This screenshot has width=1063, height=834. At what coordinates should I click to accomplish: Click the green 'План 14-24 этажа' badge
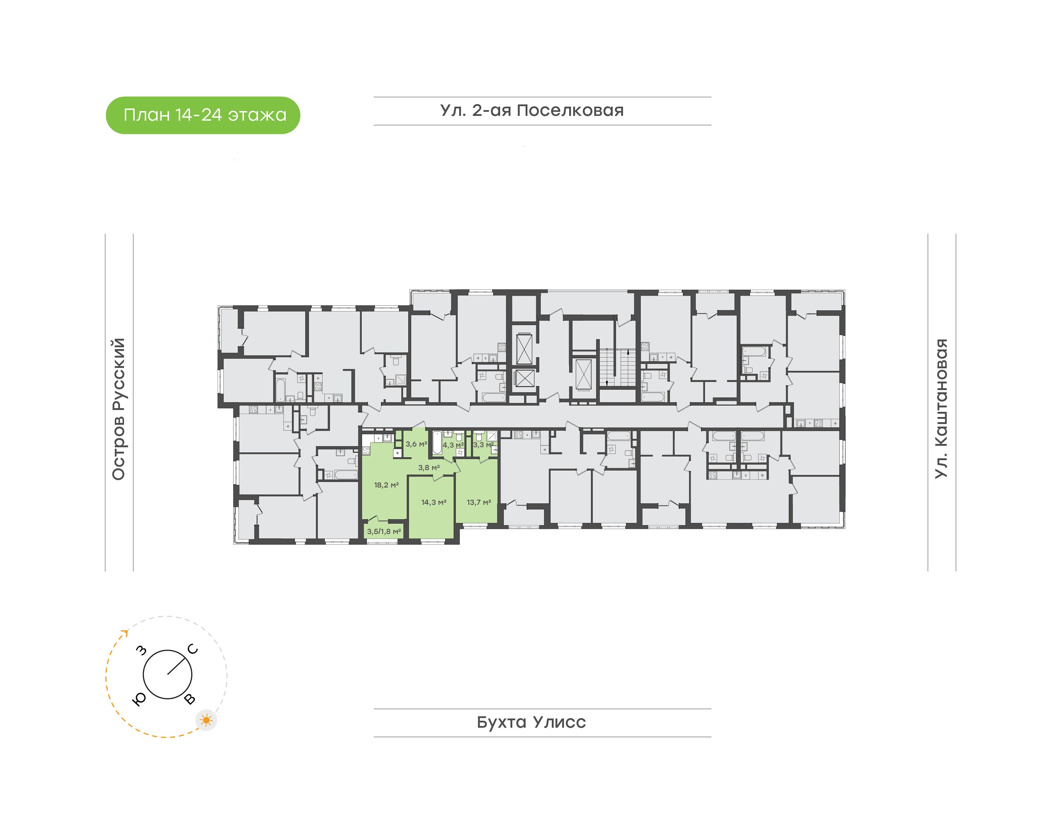[x=203, y=115]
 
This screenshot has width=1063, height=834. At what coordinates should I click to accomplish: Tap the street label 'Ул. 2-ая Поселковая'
[x=532, y=110]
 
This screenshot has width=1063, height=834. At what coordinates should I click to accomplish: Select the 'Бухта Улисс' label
[x=531, y=722]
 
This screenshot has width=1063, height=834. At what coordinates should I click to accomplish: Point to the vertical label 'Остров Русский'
[x=118, y=409]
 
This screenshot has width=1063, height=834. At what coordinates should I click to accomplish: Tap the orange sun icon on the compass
[x=207, y=720]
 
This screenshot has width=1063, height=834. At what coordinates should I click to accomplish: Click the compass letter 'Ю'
[x=139, y=699]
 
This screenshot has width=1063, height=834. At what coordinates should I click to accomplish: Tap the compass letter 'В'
[x=189, y=699]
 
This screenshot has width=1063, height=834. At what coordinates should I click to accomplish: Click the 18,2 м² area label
[x=386, y=485]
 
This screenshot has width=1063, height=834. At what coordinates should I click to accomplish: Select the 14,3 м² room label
[x=434, y=502]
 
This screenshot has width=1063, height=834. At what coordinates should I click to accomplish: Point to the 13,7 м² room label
[x=478, y=502]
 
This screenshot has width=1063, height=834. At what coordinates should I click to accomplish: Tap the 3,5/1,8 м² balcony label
[x=384, y=531]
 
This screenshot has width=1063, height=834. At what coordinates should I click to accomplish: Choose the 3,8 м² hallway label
[x=429, y=467]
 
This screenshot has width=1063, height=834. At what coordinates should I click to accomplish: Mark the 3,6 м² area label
[x=416, y=444]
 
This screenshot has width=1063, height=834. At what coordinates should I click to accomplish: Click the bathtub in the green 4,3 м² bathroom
[x=437, y=443]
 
